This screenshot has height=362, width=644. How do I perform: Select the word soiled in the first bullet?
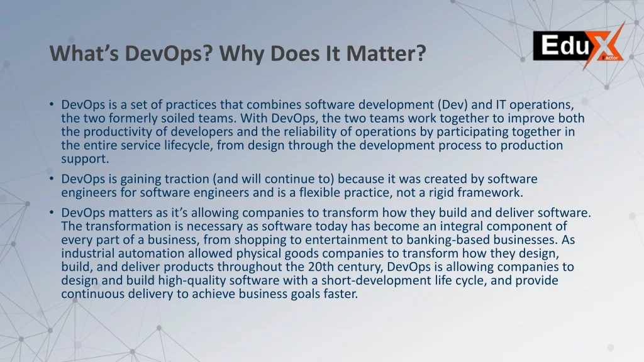(188, 118)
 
